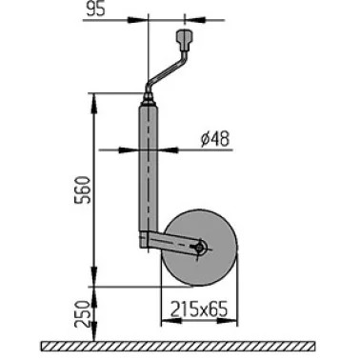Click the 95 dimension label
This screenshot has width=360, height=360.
96,9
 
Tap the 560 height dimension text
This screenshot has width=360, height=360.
82,190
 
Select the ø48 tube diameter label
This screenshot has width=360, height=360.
215,139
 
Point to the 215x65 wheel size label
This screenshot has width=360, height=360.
199,310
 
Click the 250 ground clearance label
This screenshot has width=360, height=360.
81,314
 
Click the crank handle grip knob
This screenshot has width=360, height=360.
185,40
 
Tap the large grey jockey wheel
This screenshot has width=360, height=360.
201,248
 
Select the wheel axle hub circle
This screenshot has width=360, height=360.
200,247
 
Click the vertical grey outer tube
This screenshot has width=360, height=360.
148,169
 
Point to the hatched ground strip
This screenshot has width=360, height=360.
178,346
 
